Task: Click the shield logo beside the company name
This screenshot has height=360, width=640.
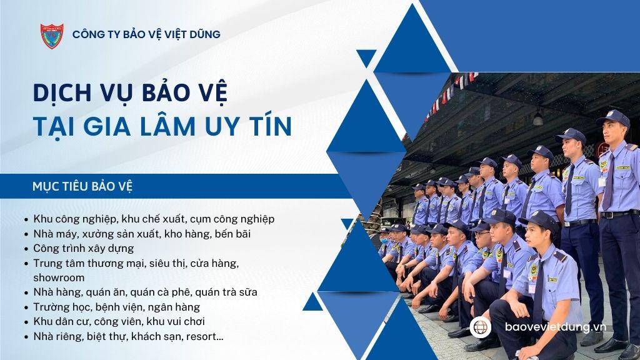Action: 51,36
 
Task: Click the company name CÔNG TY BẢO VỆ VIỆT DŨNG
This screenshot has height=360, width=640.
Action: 146,34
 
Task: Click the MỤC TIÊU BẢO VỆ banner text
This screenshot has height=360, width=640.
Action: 82,186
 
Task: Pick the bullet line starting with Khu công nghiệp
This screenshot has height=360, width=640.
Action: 154,219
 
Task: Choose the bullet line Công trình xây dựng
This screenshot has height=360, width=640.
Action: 83,248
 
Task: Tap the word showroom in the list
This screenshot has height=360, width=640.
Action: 59,277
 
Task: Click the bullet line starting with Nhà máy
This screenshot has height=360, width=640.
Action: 142,234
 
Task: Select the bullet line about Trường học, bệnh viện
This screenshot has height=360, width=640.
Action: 116,307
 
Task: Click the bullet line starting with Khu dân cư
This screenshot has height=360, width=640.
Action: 119,322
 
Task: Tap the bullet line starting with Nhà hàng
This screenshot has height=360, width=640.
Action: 145,292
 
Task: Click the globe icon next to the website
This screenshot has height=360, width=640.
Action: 481,327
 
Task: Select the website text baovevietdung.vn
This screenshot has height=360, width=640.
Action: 556,327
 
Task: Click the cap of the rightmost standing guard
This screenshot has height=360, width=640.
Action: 614,117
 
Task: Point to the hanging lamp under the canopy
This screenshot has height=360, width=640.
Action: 538,119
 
